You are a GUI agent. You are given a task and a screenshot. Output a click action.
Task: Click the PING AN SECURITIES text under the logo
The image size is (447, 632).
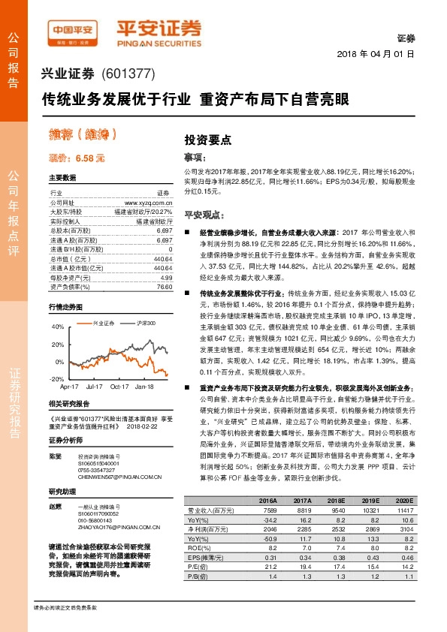click(x=161, y=44)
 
